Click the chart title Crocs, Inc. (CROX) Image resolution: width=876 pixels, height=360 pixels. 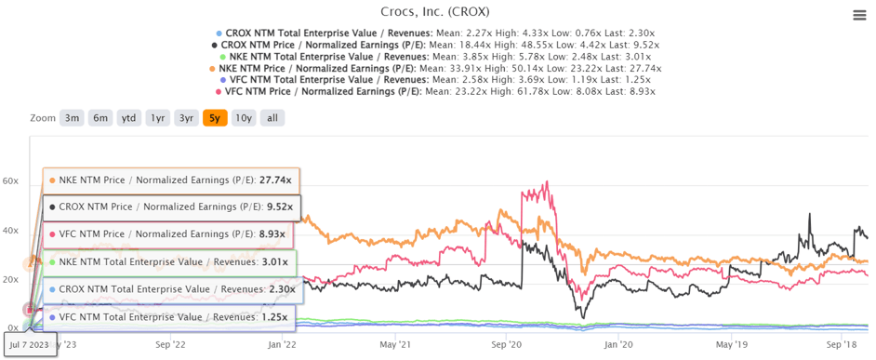[x=435, y=12]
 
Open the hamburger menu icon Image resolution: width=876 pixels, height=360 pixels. [x=860, y=15]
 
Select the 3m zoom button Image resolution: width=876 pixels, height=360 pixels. [x=72, y=118]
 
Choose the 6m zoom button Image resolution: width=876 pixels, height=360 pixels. [x=100, y=118]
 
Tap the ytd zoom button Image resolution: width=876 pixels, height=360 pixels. [x=129, y=118]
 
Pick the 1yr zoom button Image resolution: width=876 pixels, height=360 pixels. [x=158, y=118]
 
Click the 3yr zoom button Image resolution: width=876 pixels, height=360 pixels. [x=187, y=118]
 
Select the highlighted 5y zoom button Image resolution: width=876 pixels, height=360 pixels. [x=215, y=118]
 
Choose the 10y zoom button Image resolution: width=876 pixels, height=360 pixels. [x=243, y=118]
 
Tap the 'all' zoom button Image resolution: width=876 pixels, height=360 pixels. [x=272, y=118]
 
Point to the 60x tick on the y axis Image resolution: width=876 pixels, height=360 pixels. [x=10, y=180]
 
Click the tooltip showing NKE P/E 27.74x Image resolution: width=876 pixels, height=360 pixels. [x=171, y=180]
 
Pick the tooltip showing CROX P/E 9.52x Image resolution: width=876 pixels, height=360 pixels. [x=171, y=207]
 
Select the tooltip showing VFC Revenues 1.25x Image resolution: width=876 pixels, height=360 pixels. [x=171, y=317]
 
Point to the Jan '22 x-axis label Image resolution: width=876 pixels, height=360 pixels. [x=284, y=343]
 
